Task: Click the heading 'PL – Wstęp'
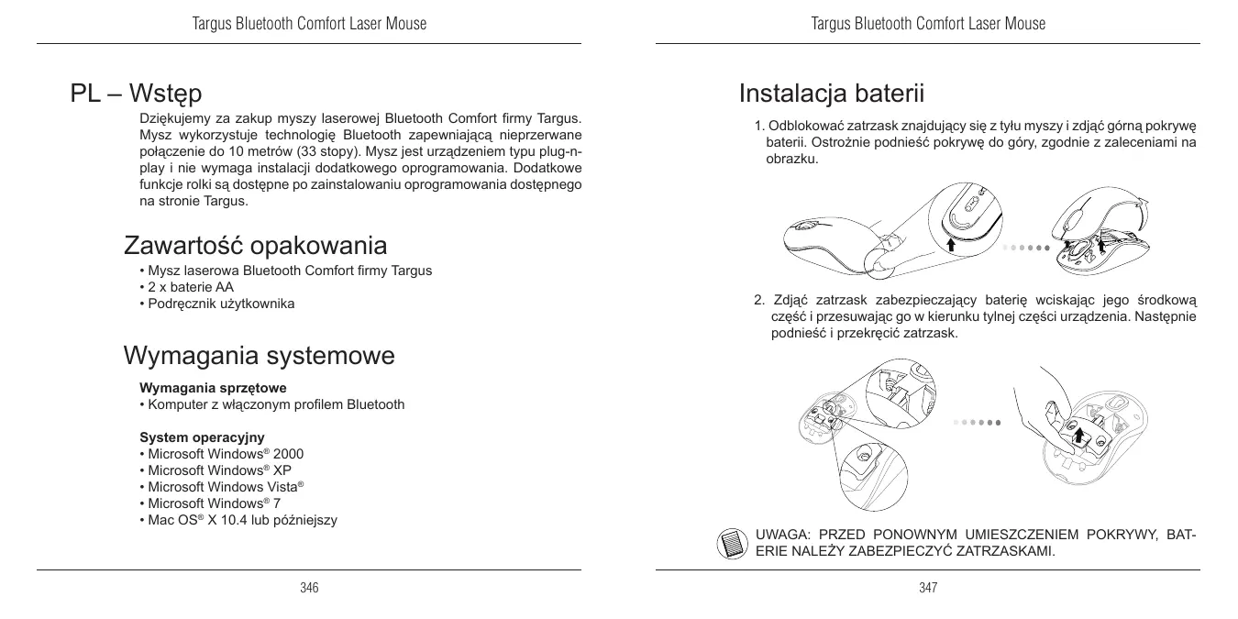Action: pos(137,94)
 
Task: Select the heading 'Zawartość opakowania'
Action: pos(255,246)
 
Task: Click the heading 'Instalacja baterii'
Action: pos(831,94)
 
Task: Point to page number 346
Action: pos(309,587)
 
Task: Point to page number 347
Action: pos(928,587)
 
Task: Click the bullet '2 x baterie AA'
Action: pos(186,287)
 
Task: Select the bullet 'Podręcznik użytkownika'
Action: pos(216,304)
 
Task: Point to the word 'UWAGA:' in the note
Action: pos(780,535)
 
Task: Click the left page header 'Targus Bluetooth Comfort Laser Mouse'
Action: pos(309,24)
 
